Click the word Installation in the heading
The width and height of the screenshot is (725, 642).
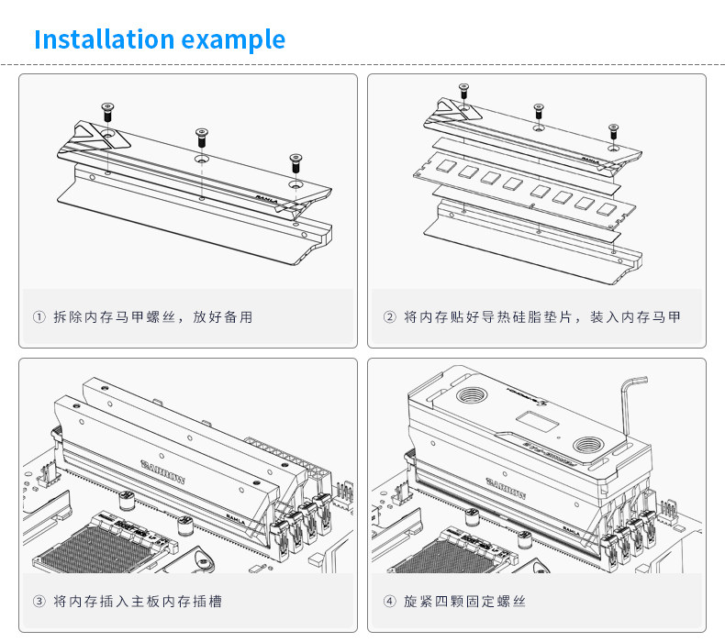[104, 40]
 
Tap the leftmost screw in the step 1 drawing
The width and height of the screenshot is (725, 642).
[106, 111]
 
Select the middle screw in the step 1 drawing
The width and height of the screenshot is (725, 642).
[201, 138]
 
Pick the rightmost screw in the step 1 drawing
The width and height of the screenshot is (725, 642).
[295, 162]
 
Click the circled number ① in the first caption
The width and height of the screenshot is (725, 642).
[39, 317]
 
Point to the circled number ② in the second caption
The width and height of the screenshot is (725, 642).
[389, 317]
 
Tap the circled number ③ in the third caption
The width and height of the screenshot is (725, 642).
[39, 602]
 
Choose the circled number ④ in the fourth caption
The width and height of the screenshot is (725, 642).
[389, 602]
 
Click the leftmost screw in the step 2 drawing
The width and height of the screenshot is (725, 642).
[463, 91]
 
